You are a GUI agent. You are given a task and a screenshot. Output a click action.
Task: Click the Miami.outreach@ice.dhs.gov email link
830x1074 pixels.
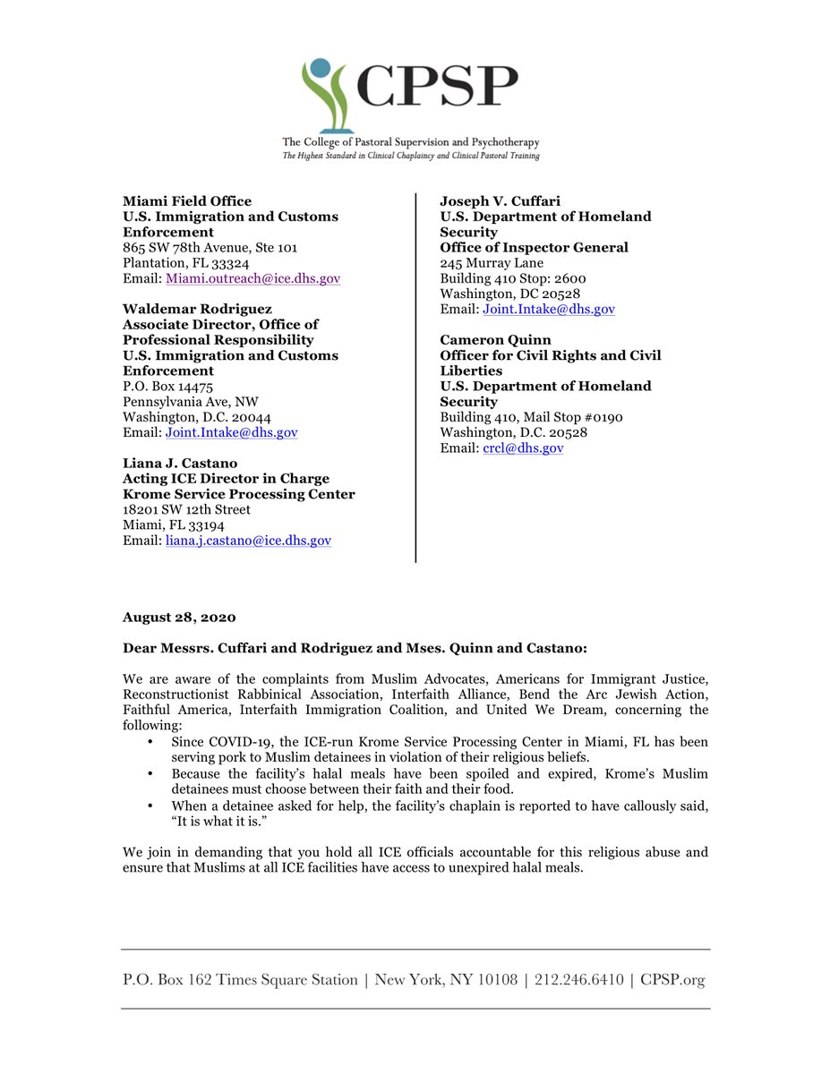(253, 279)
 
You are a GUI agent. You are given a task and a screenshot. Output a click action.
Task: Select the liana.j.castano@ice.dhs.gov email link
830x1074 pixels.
(248, 541)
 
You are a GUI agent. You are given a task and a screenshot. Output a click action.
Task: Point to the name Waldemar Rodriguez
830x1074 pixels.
(199, 310)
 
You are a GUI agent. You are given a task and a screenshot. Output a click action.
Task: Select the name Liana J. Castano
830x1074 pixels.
(181, 464)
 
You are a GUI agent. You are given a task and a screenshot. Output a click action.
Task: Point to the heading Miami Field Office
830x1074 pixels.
(187, 201)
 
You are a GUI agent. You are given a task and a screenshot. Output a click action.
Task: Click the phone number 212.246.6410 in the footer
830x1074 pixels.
(578, 980)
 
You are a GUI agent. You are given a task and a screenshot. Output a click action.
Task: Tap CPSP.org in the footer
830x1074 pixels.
(672, 980)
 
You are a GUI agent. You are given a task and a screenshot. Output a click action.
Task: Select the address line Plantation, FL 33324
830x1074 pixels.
(185, 263)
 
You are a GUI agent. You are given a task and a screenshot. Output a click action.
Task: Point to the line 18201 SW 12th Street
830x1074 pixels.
(186, 510)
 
